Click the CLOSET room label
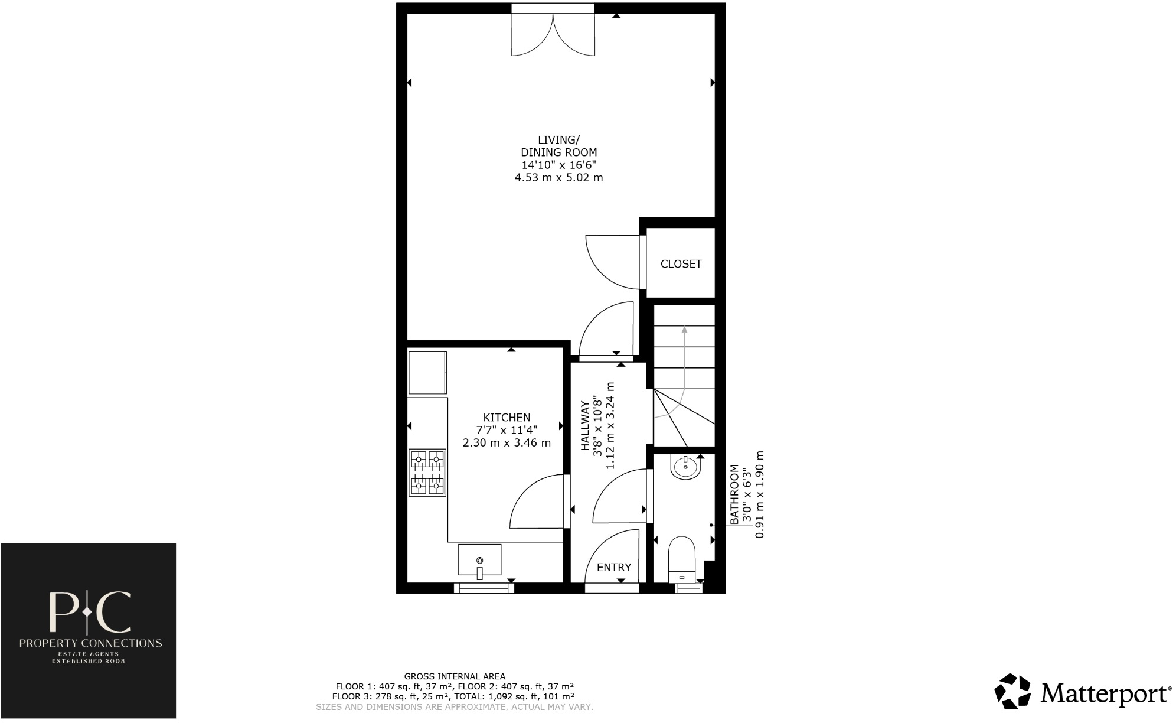tap(681, 264)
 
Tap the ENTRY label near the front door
tap(613, 567)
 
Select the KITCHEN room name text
tap(507, 418)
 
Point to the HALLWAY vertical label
tap(585, 426)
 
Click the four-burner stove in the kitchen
tap(427, 473)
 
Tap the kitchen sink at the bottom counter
tap(479, 560)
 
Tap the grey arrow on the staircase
tap(684, 366)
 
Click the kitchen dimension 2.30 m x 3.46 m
tap(507, 442)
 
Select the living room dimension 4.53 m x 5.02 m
tap(558, 177)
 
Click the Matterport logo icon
tap(1012, 691)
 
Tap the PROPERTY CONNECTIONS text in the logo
tap(90, 643)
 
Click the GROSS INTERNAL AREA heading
tap(455, 676)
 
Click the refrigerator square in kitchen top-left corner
tap(427, 373)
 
